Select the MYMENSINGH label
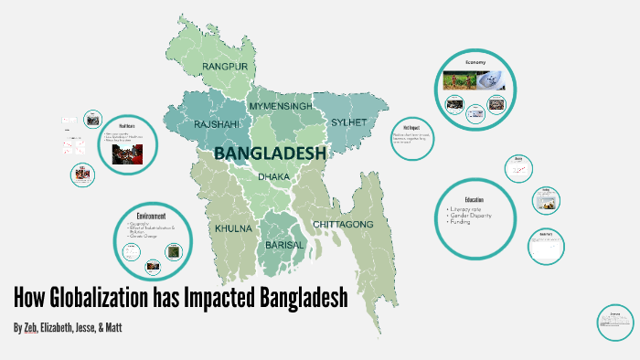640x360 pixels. pos(281,107)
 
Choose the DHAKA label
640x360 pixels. pos(275,176)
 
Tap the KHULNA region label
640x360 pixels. pos(233,228)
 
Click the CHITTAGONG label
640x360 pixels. pos(344,224)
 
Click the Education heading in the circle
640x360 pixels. pos(474,199)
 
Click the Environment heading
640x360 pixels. pos(151,213)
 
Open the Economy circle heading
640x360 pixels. pos(475,62)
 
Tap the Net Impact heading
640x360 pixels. pos(411,127)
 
